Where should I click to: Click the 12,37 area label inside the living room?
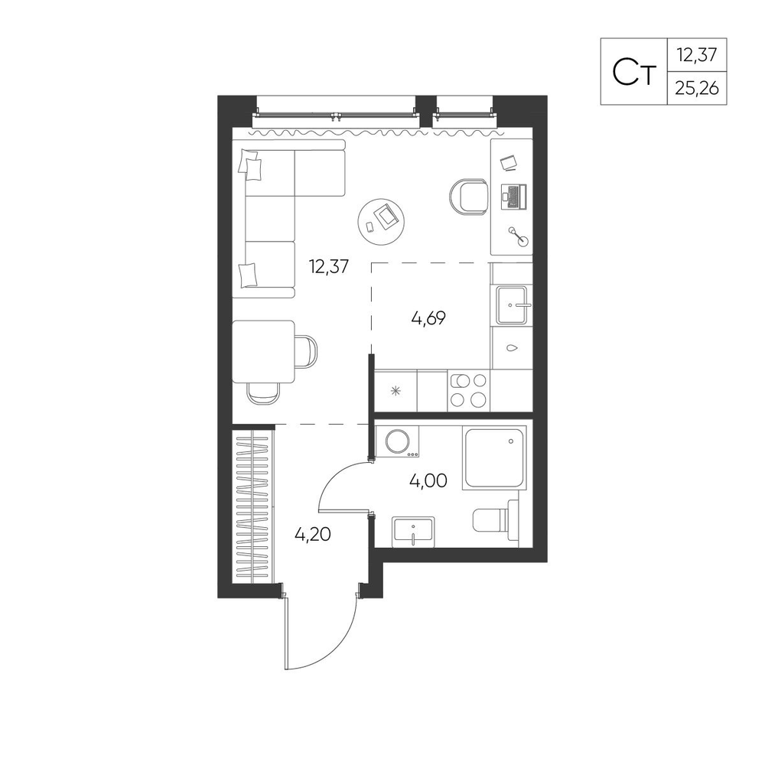[x=329, y=266]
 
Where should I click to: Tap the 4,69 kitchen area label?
[x=429, y=318]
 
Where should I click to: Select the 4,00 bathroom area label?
[x=428, y=480]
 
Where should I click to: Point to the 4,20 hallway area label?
[x=313, y=534]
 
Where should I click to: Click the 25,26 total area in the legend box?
[x=697, y=88]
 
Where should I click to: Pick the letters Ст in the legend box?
[x=633, y=72]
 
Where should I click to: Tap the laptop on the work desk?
[x=513, y=197]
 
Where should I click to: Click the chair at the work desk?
[x=468, y=197]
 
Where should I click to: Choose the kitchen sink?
[x=512, y=305]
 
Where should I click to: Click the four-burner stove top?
[x=468, y=390]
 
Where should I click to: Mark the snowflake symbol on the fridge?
[x=396, y=390]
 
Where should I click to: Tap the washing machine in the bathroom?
[x=398, y=441]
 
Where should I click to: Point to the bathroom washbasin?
[x=413, y=531]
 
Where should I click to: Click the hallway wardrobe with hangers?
[x=253, y=505]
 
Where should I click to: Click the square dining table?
[x=263, y=351]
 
